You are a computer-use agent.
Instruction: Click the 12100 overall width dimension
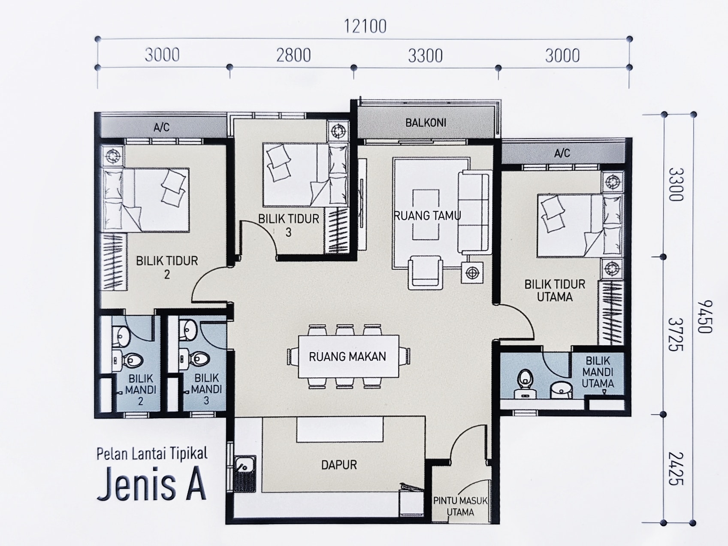pos(365,27)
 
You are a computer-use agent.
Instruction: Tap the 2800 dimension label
pos(293,55)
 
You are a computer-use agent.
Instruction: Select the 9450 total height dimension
pos(704,317)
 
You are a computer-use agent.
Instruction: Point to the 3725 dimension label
pos(676,335)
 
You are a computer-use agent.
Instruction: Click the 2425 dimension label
pos(676,468)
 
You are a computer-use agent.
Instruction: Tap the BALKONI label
pos(426,123)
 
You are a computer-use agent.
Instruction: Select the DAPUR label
pos(339,465)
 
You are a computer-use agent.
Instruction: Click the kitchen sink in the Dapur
pos(245,474)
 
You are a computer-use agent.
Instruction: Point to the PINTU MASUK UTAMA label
pos(460,506)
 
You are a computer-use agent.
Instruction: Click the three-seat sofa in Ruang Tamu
pos(474,212)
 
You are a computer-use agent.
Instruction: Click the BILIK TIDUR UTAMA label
pos(555,290)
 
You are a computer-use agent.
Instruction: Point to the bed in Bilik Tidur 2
pos(145,200)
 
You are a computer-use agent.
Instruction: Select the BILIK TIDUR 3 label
pos(289,225)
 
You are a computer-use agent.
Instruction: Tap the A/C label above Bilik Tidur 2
pos(162,127)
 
